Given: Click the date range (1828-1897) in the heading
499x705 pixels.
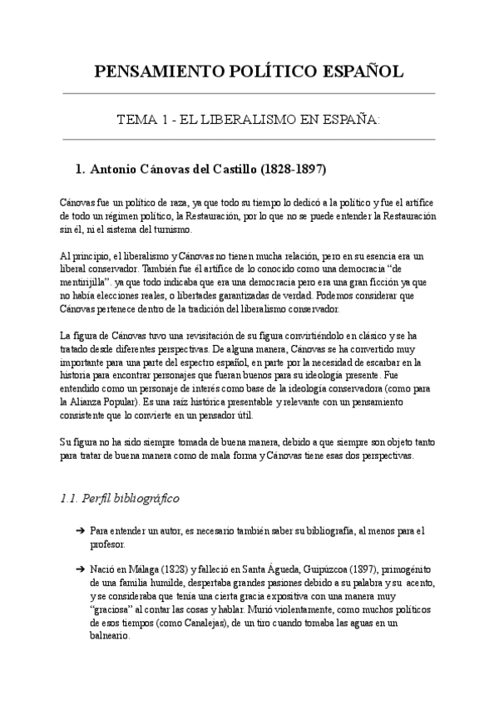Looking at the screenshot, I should coord(294,169).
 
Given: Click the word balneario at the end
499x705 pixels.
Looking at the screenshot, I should coord(110,635).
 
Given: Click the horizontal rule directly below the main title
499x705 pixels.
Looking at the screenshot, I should coord(249,93).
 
